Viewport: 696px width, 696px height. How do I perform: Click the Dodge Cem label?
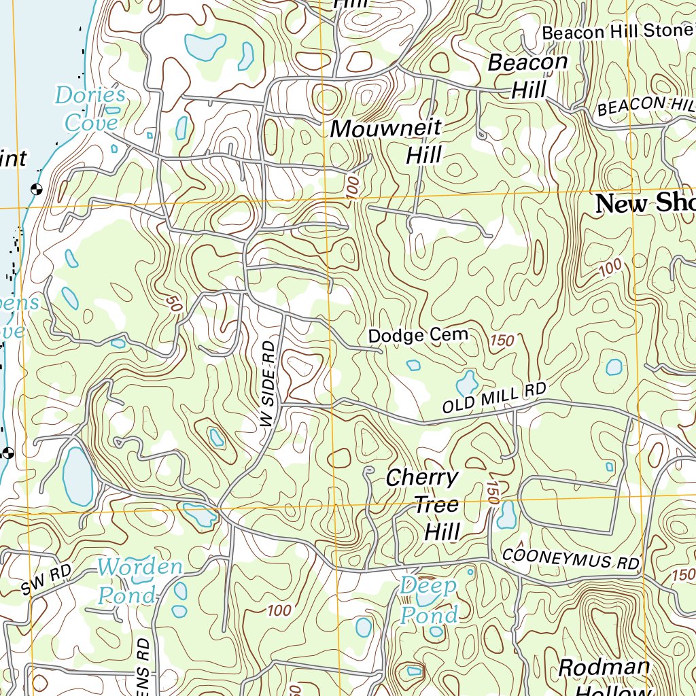418,335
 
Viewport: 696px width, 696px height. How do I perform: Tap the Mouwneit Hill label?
385,141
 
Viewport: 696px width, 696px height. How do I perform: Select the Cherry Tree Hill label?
424,504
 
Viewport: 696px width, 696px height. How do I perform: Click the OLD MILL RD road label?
494,399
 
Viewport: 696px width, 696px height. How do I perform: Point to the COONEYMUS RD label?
571,559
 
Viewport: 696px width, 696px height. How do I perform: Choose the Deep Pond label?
428,601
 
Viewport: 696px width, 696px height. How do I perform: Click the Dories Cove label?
90,108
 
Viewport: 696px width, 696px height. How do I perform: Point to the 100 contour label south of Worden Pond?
279,610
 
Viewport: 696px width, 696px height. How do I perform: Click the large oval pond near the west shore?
77,476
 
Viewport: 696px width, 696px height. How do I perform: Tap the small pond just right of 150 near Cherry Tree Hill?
506,515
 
